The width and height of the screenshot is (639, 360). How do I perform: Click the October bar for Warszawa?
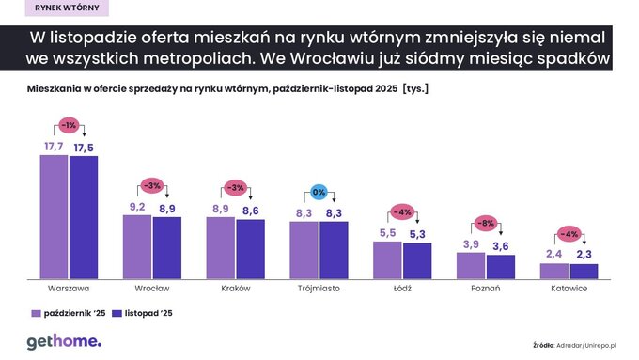(x=54, y=216)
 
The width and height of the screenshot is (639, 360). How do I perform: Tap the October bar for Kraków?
(x=221, y=247)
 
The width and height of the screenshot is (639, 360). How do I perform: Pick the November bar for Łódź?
(x=417, y=260)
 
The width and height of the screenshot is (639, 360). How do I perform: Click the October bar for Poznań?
(x=471, y=265)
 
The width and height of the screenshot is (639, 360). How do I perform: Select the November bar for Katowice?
(x=584, y=271)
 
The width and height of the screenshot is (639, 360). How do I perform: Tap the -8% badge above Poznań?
(x=487, y=224)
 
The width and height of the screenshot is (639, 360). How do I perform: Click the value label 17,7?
(x=54, y=147)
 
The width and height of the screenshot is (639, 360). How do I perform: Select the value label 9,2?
(x=137, y=207)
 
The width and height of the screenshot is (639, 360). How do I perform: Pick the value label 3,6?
(x=501, y=246)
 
